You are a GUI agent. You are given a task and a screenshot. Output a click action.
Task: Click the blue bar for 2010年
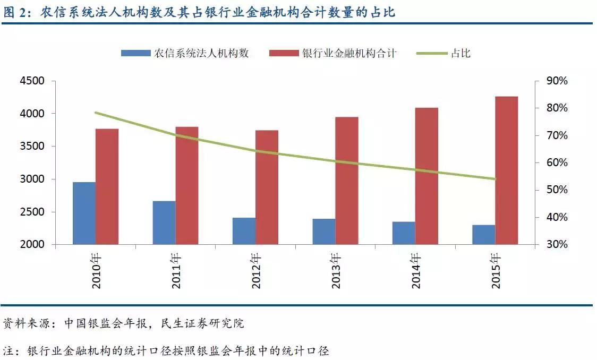click(84, 213)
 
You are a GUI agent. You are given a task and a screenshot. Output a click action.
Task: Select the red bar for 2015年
click(506, 170)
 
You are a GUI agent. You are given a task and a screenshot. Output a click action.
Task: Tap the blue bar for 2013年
click(323, 232)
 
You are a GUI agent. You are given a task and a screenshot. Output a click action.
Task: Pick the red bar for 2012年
click(267, 187)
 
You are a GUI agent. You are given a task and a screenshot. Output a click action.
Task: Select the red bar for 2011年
click(186, 185)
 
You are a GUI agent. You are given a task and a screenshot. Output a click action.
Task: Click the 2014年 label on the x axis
click(416, 271)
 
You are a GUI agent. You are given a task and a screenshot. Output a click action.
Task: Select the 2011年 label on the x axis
click(176, 271)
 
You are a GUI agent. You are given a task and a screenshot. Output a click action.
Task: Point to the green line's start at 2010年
click(96, 113)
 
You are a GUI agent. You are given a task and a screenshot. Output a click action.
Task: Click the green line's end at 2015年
click(494, 179)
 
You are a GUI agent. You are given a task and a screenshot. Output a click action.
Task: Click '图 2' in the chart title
click(16, 12)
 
